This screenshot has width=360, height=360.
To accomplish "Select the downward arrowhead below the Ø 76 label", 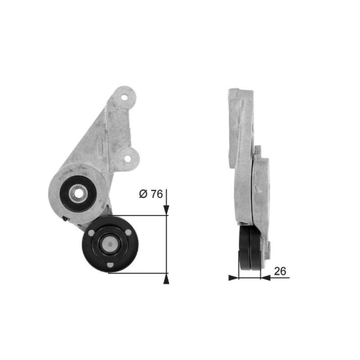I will [x=167, y=210].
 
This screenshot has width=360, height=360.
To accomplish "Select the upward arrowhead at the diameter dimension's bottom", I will [x=167, y=277].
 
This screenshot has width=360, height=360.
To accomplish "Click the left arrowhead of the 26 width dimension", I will [x=233, y=276].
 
